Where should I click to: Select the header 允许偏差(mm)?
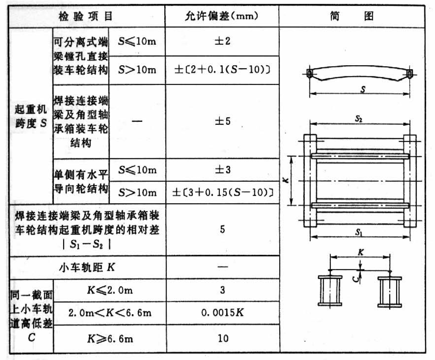pyautogui.click(x=222, y=16)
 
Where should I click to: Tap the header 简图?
pyautogui.click(x=352, y=16)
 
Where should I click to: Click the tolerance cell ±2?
pyautogui.click(x=222, y=42)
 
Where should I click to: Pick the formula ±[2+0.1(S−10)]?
pyautogui.click(x=222, y=70)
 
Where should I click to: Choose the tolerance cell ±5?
pyautogui.click(x=222, y=121)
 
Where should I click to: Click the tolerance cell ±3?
pyautogui.click(x=222, y=170)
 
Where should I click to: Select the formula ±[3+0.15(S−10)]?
pyautogui.click(x=222, y=193)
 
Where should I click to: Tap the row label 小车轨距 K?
pyautogui.click(x=87, y=267)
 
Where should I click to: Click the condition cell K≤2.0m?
pyautogui.click(x=109, y=290)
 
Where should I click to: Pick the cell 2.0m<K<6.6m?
pyautogui.click(x=110, y=313)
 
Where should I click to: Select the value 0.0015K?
pyautogui.click(x=222, y=313)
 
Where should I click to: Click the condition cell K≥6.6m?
pyautogui.click(x=109, y=339)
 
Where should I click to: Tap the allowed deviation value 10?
pyautogui.click(x=222, y=339)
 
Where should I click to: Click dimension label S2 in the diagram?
pyautogui.click(x=359, y=119)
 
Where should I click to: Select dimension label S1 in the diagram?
pyautogui.click(x=359, y=232)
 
